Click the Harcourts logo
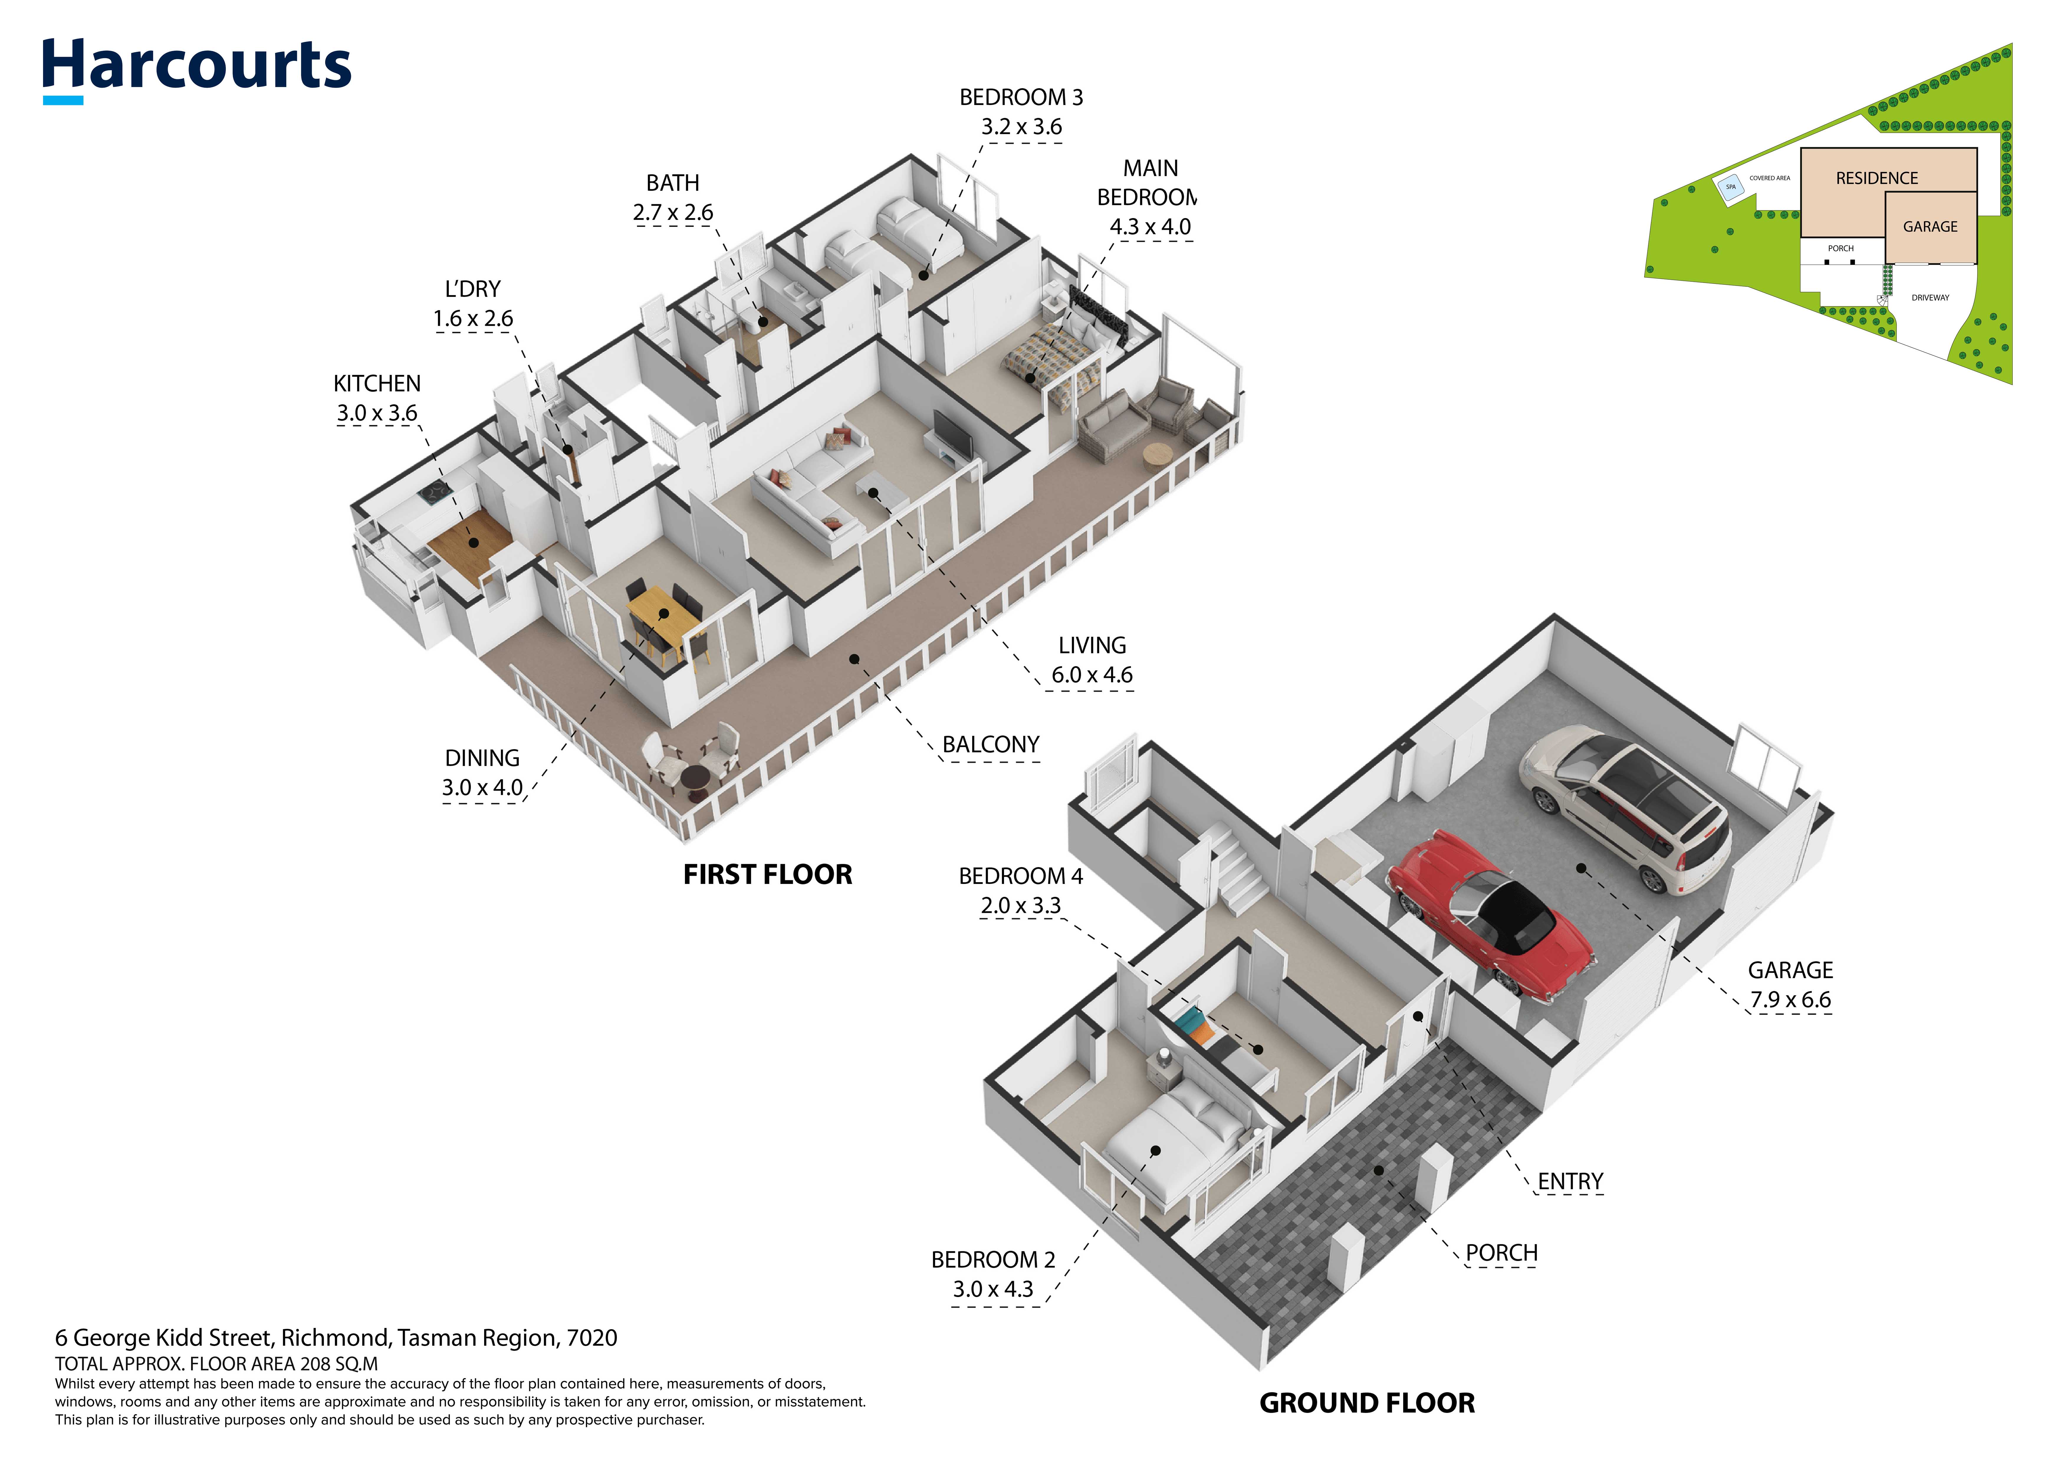(196, 70)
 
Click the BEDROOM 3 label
(1021, 97)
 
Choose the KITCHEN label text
(377, 384)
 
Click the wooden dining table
(665, 622)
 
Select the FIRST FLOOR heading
(768, 875)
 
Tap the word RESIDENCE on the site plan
(1877, 179)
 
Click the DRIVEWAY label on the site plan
(1930, 297)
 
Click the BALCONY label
(990, 745)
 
